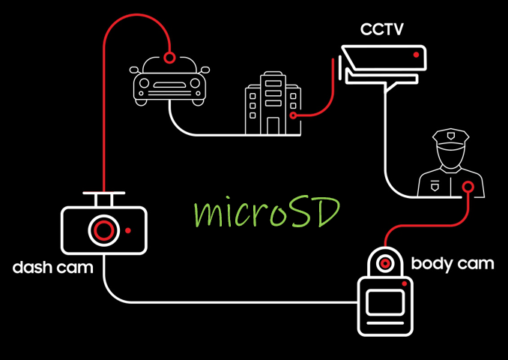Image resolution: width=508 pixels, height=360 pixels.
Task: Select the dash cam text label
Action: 52,268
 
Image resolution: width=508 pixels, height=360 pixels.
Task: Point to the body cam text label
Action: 453,263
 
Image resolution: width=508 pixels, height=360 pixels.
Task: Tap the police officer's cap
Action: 450,138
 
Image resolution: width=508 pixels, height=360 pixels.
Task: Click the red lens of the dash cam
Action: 103,229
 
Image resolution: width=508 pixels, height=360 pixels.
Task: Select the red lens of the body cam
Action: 385,263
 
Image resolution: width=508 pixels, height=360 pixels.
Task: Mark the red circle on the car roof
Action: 170,57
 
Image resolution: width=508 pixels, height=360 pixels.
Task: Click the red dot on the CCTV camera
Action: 416,54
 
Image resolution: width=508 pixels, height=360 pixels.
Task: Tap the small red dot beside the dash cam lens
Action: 129,229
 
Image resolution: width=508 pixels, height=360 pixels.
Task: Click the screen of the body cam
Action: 385,304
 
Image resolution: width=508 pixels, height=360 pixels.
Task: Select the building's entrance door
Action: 273,126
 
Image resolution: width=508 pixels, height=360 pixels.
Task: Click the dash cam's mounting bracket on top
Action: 103,198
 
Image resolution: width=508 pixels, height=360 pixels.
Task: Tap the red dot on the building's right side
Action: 293,115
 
